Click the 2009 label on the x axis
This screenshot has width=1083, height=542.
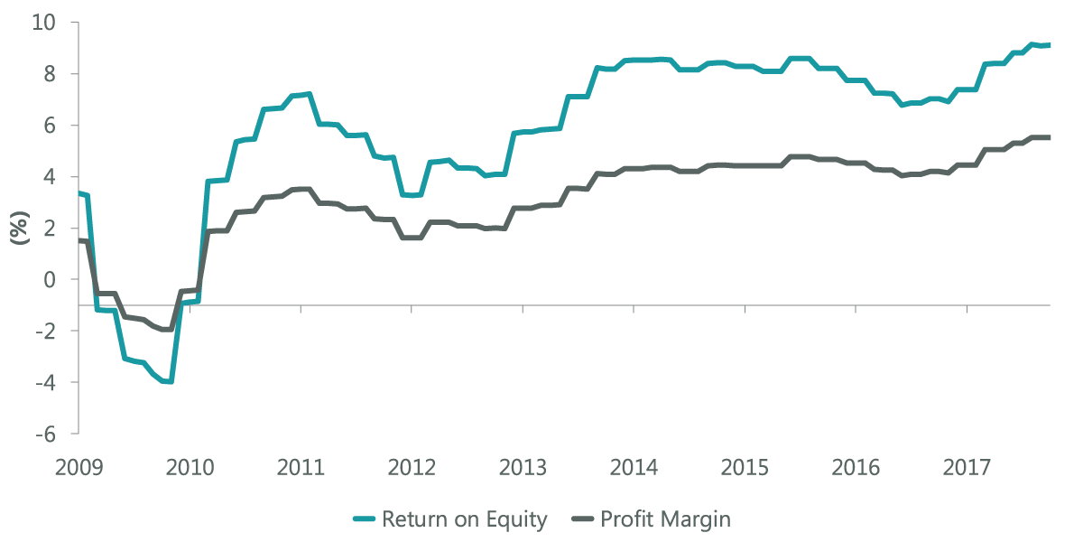[79, 468]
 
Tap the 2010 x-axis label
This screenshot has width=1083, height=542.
[190, 468]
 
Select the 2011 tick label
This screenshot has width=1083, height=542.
[301, 468]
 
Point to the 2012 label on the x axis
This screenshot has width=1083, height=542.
[412, 468]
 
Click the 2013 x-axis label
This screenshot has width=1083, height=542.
[523, 468]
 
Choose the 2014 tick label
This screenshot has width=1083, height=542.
[634, 468]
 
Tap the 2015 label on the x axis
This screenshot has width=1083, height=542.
[745, 468]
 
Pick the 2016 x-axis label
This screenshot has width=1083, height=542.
[856, 468]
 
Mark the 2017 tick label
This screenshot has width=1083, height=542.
[967, 468]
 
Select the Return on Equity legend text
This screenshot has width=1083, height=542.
[465, 519]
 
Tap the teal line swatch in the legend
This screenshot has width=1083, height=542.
[363, 519]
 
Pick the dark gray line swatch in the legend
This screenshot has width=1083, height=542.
[586, 519]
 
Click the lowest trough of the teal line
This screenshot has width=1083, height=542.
[168, 382]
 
